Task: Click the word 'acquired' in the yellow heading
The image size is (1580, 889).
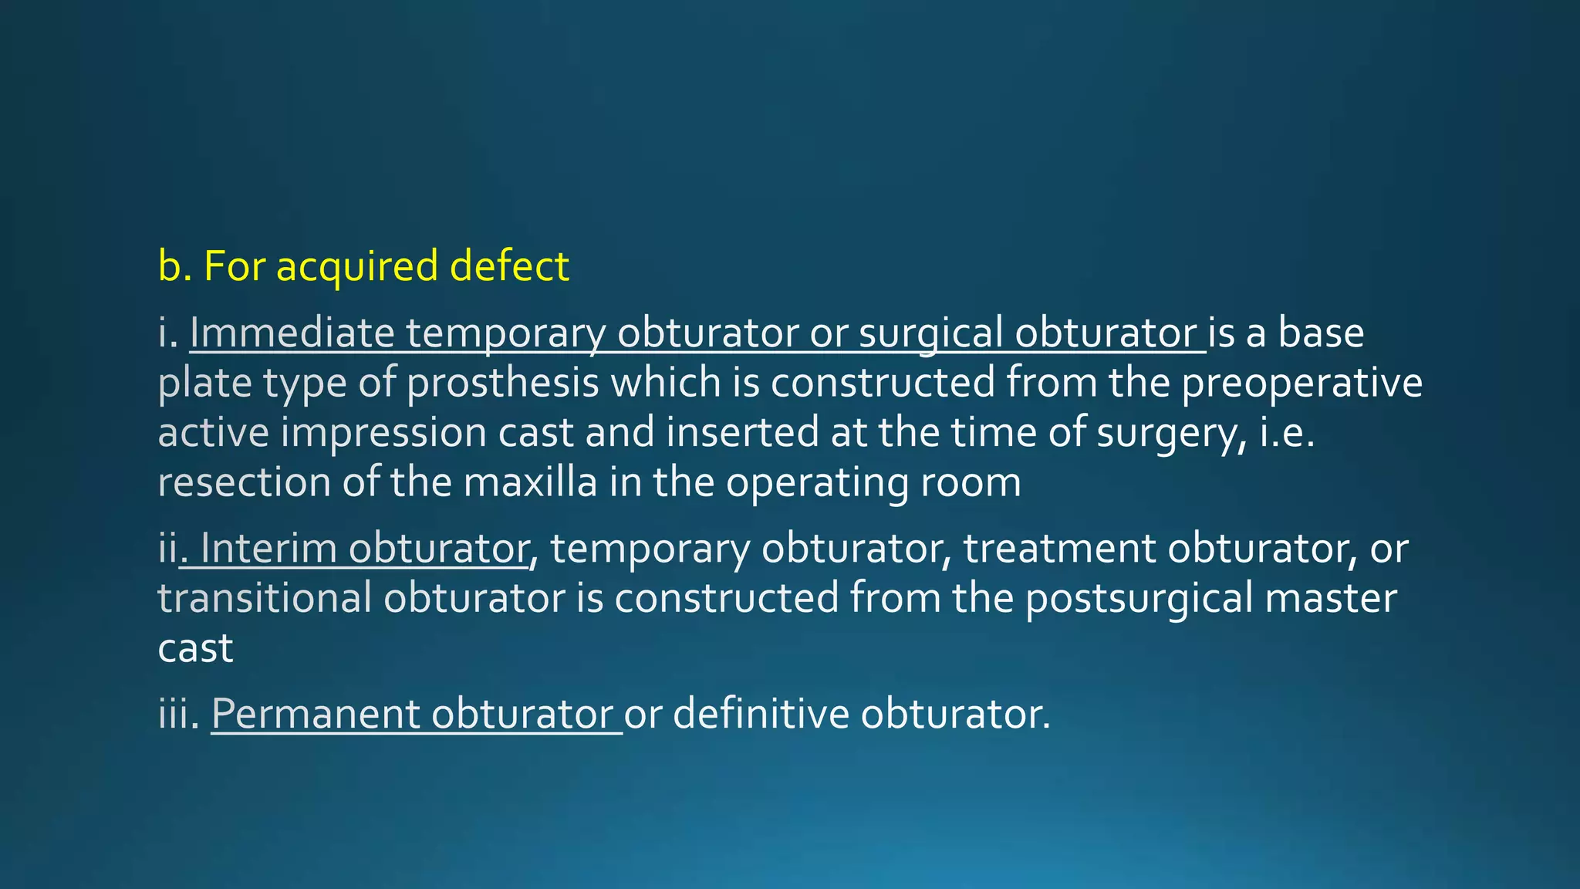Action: tap(356, 267)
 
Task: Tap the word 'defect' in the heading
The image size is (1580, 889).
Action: tap(509, 265)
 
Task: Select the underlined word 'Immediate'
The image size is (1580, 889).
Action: tap(292, 333)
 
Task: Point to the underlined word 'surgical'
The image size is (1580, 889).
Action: tap(930, 334)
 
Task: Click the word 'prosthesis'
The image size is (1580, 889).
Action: tap(502, 384)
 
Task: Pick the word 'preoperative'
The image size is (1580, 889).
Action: tap(1301, 384)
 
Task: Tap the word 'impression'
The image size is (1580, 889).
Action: tap(383, 433)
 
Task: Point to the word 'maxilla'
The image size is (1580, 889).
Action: tap(530, 482)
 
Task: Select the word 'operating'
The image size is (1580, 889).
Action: tap(817, 484)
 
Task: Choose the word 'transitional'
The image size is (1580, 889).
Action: tap(265, 598)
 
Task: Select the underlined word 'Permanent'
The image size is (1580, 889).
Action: tap(315, 714)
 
